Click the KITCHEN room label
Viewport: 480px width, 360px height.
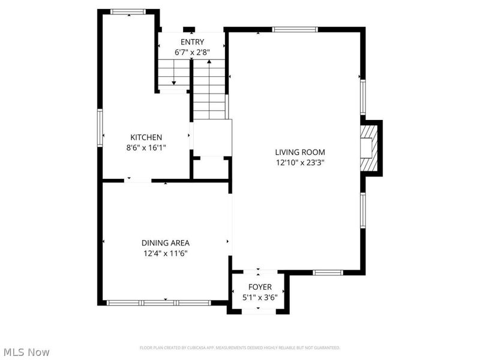tap(146, 137)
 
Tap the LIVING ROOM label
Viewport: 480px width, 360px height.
tap(300, 152)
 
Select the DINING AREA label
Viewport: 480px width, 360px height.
tap(166, 243)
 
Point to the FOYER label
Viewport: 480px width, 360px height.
tap(260, 287)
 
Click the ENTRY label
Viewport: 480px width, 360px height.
tap(192, 42)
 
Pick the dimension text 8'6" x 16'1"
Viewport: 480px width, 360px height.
tap(146, 148)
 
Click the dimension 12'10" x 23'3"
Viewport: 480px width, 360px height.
tap(300, 163)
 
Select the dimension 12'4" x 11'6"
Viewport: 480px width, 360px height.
tap(166, 253)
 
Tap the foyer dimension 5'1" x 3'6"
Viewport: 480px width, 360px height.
tap(260, 297)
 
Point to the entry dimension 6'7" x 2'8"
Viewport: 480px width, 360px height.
tap(192, 52)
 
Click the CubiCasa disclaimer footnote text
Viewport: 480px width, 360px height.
tap(239, 348)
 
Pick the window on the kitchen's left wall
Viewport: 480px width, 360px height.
tap(100, 128)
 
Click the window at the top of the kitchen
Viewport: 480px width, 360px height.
tap(128, 11)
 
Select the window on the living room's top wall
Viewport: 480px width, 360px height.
tap(295, 29)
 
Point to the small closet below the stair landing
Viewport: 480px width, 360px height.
tap(212, 168)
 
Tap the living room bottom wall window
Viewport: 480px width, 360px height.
tap(328, 272)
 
